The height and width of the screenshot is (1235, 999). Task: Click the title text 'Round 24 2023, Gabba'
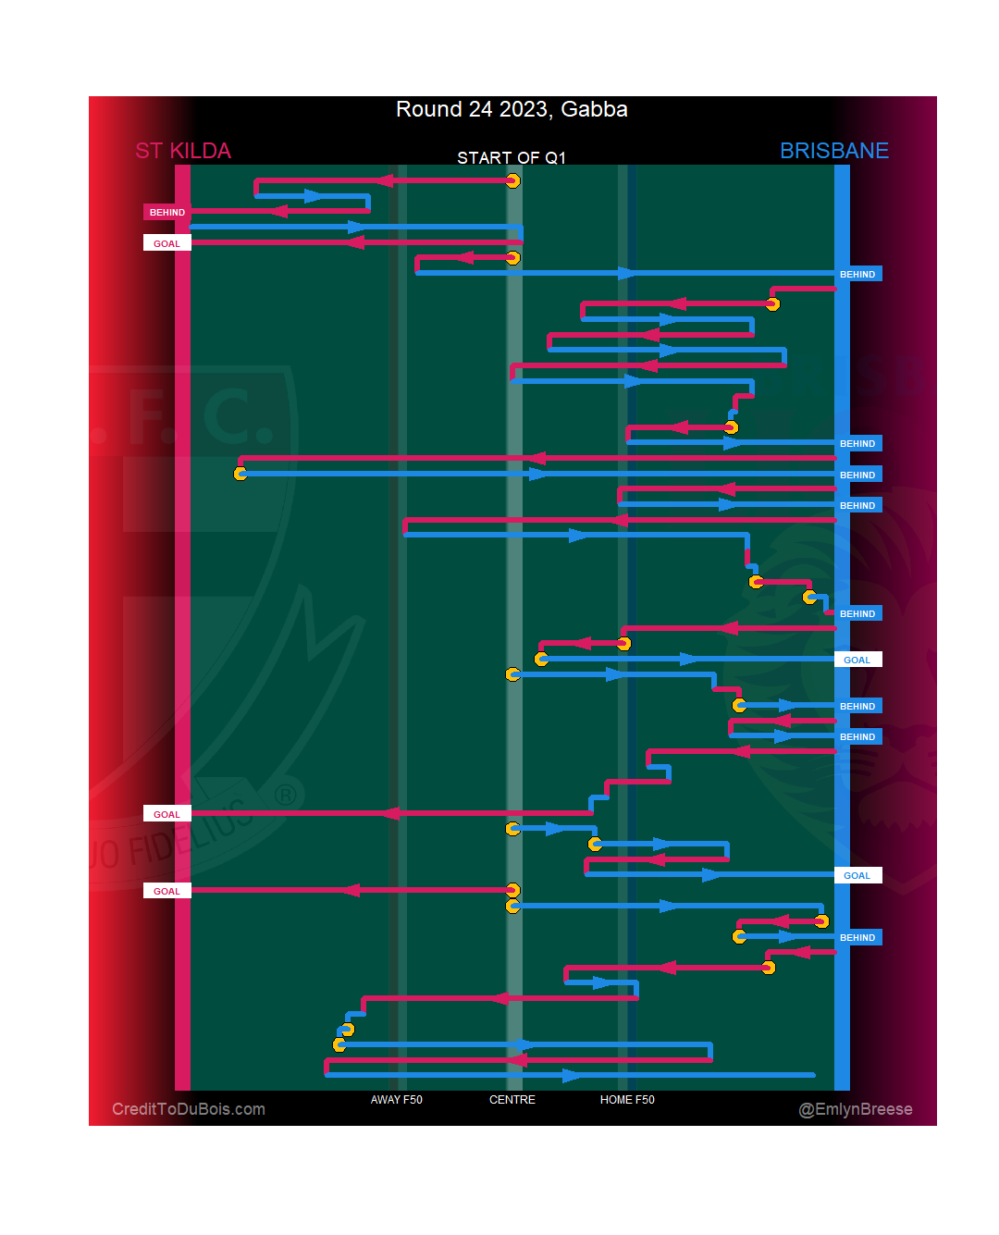click(512, 109)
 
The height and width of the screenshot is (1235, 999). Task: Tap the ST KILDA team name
click(183, 151)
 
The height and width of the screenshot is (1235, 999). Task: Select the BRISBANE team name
click(833, 151)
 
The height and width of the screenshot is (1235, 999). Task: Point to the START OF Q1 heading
click(511, 158)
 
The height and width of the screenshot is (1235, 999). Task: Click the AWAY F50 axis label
click(396, 1100)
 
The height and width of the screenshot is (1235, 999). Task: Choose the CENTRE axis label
click(512, 1100)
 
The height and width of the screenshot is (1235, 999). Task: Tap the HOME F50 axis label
click(627, 1100)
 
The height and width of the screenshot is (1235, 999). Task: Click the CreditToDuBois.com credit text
click(189, 1109)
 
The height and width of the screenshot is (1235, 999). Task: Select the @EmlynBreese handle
click(856, 1109)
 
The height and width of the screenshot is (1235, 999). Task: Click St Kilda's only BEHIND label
click(167, 213)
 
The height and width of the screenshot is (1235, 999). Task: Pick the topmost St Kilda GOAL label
click(167, 243)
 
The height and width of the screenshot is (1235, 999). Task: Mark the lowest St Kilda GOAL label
click(167, 891)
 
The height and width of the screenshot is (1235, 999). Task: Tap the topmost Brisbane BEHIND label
click(857, 275)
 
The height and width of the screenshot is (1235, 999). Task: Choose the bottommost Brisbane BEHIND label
click(857, 938)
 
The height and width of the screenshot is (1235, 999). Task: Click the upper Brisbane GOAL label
click(857, 660)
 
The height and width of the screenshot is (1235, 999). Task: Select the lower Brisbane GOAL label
click(857, 876)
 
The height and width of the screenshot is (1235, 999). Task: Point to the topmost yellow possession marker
click(512, 180)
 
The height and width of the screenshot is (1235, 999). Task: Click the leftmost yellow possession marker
click(240, 474)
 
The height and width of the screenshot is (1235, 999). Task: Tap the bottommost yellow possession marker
click(339, 1044)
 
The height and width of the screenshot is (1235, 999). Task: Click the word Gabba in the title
click(594, 109)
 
